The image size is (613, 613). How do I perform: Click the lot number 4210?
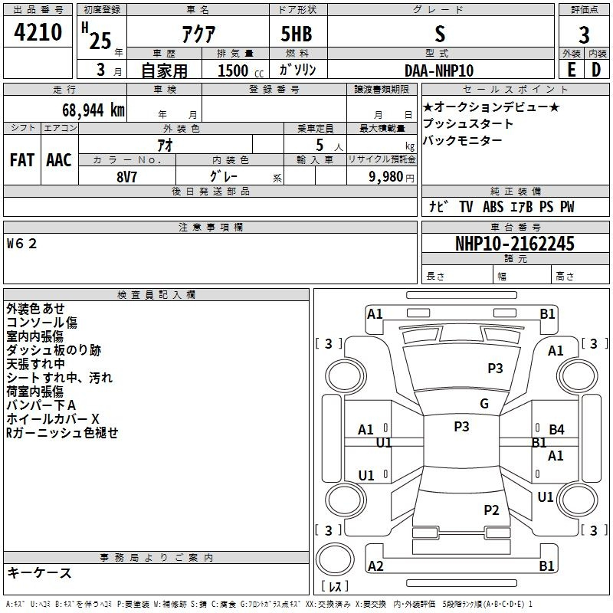pyautogui.click(x=38, y=33)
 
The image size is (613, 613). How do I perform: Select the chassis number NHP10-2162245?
pyautogui.click(x=514, y=244)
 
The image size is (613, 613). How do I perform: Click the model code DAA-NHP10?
pyautogui.click(x=439, y=70)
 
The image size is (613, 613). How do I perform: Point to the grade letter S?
pyautogui.click(x=439, y=33)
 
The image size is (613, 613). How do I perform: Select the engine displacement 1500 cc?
pyautogui.click(x=234, y=70)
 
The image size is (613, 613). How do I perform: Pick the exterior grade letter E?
pyautogui.click(x=571, y=70)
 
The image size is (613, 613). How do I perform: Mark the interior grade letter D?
pyautogui.click(x=596, y=70)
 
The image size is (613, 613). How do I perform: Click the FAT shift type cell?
pyautogui.click(x=22, y=160)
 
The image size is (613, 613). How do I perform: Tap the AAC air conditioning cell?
pyautogui.click(x=59, y=160)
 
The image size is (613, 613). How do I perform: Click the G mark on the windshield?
pyautogui.click(x=484, y=404)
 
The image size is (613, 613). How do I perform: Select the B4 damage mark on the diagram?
pyautogui.click(x=556, y=430)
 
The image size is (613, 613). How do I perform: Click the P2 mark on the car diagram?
pyautogui.click(x=491, y=510)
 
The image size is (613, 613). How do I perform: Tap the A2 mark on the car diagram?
pyautogui.click(x=375, y=565)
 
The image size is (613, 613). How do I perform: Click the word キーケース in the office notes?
pyautogui.click(x=39, y=572)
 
